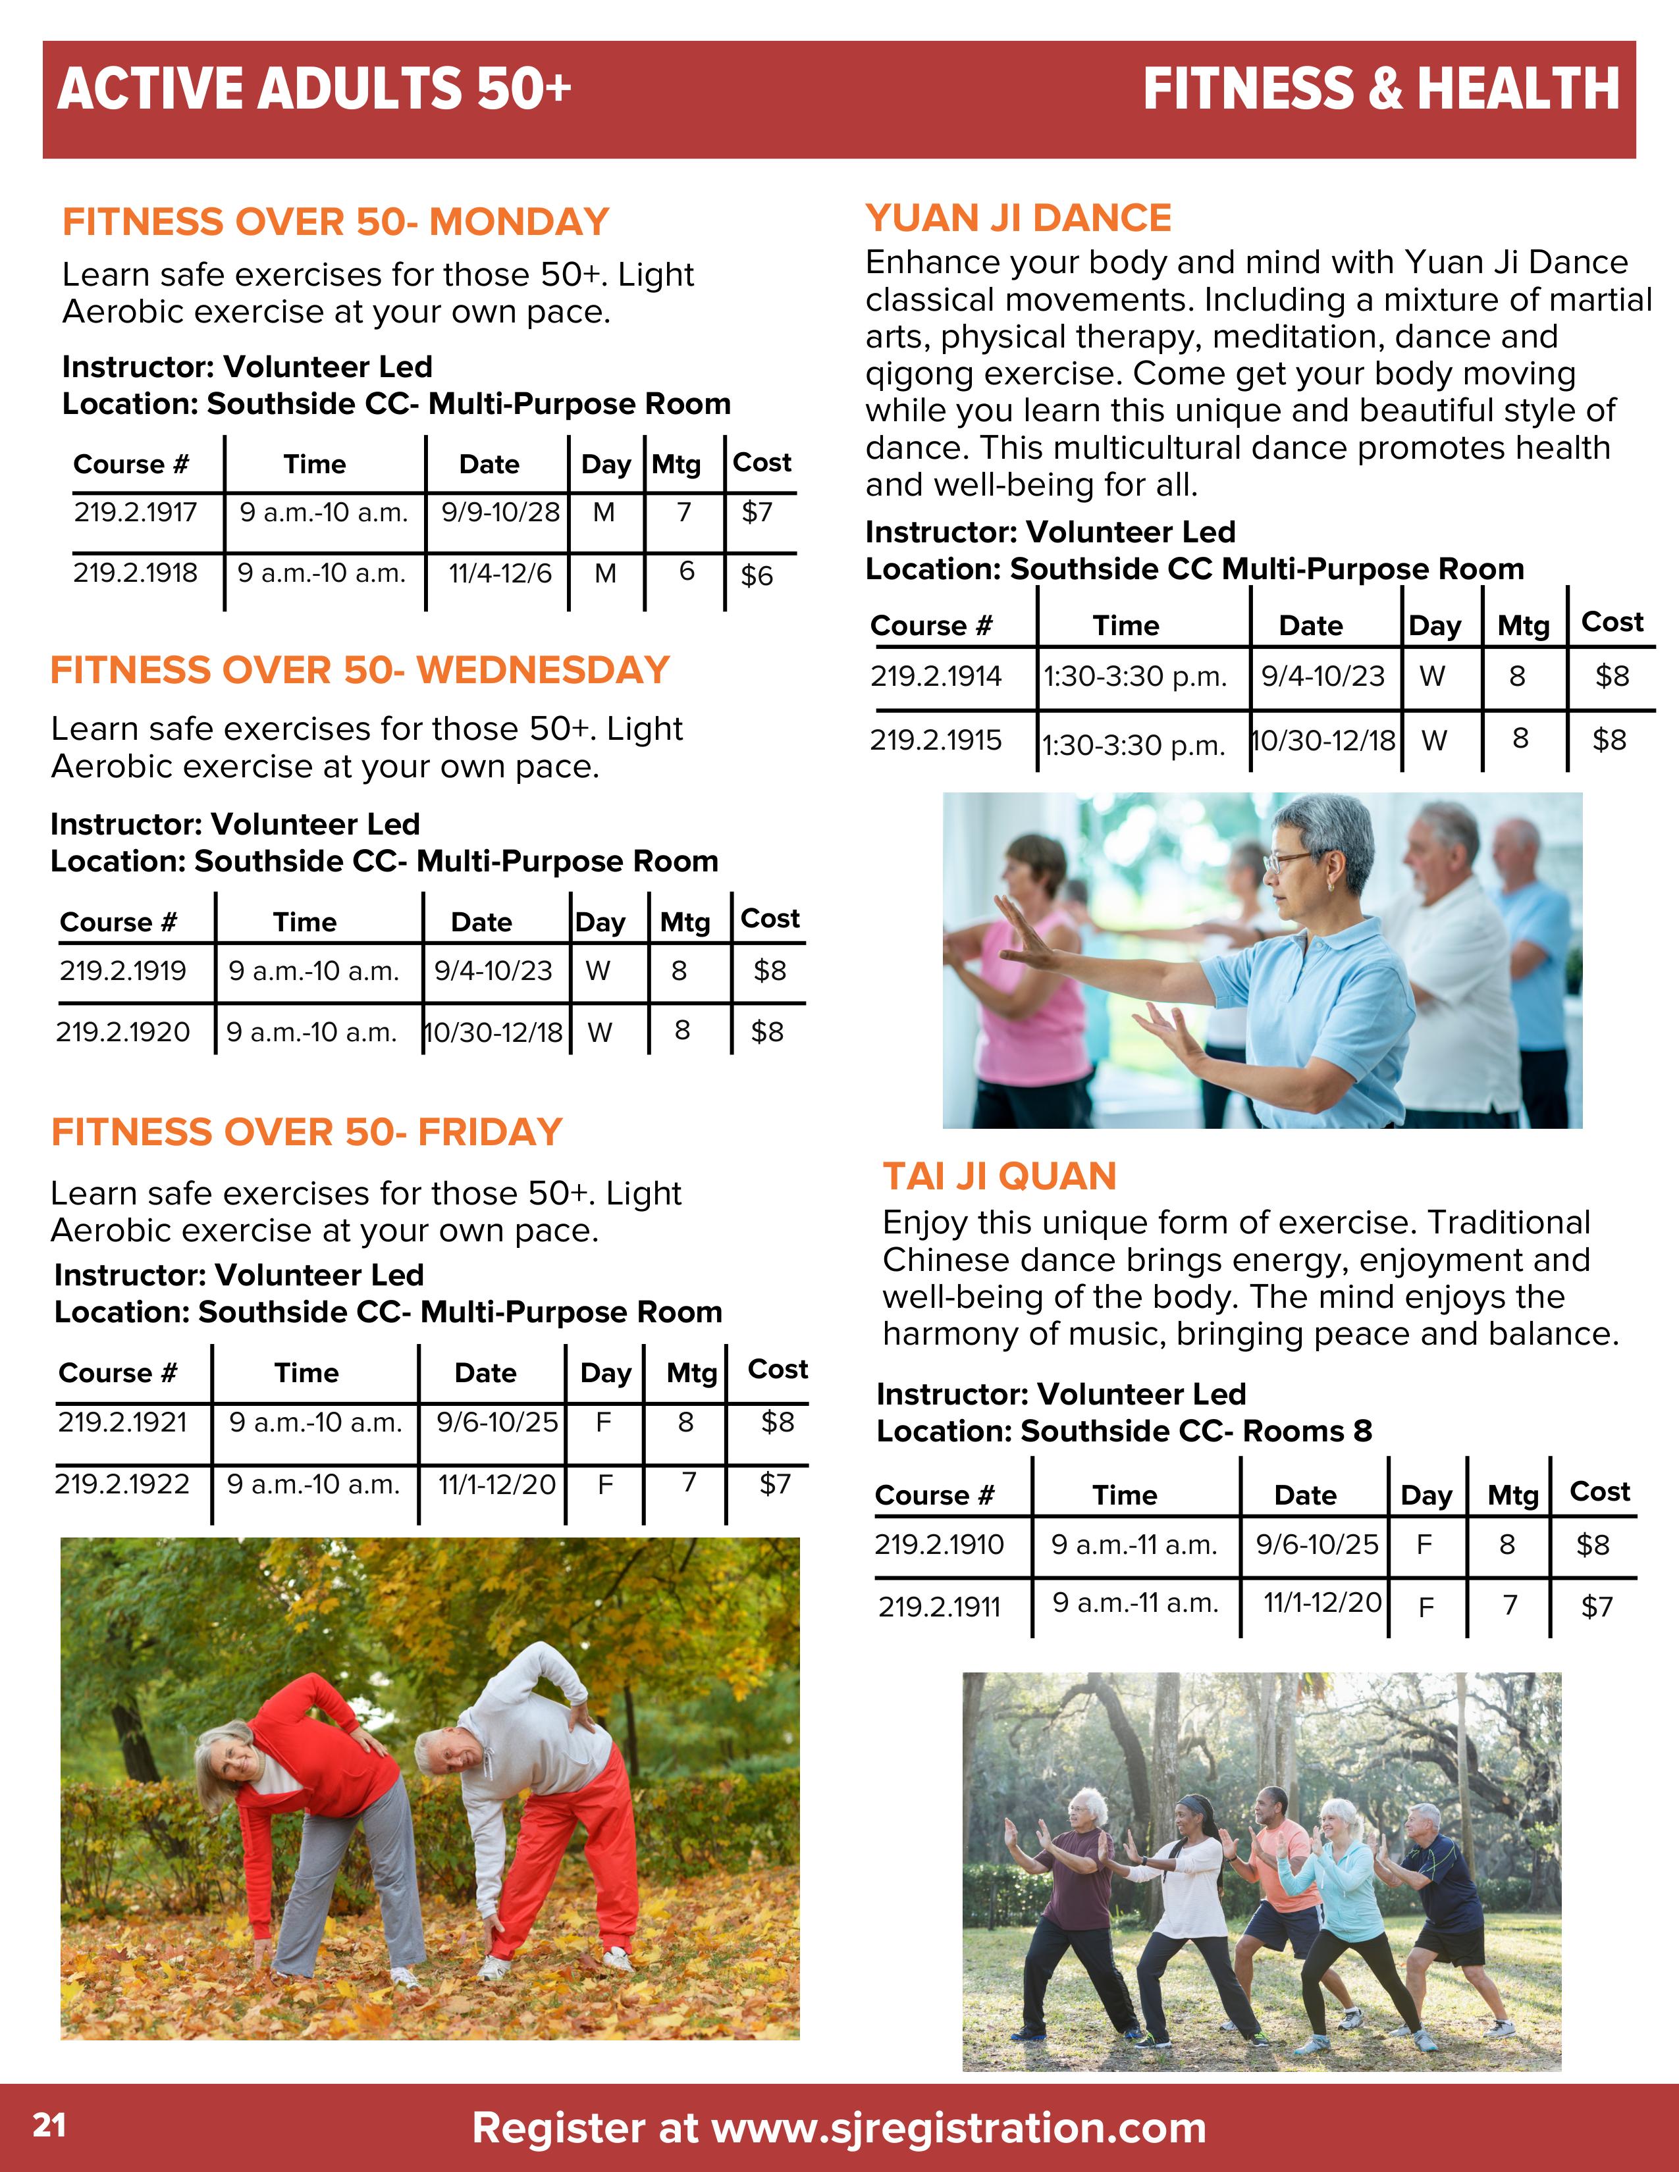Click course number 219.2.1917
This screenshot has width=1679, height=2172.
pos(135,513)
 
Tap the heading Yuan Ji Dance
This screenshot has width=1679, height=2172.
pos(1017,219)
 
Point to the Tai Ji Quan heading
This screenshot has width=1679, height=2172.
pos(999,1177)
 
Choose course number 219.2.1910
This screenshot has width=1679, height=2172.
pos(939,1545)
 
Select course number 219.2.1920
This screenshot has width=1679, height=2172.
pos(122,1032)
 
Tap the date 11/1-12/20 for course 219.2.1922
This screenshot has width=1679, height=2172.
pos(496,1485)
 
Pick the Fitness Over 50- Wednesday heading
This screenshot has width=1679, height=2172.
pos(359,670)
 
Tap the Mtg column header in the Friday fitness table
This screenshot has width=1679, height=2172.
pos(691,1374)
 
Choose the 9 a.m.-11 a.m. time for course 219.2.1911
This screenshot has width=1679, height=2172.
pos(1135,1603)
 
